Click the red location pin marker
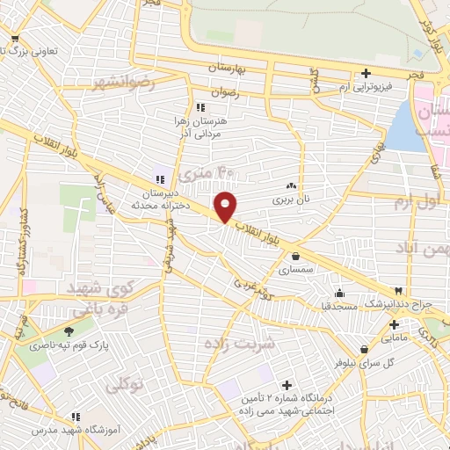tap(227, 206)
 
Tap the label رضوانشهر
tap(122, 83)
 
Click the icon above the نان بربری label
tap(292, 186)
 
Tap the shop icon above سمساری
tap(295, 257)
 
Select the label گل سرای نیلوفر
tap(339, 362)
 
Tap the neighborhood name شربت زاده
tap(239, 342)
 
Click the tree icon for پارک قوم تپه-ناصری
tap(81, 332)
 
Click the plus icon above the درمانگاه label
tap(287, 384)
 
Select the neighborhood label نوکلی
tap(122, 385)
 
